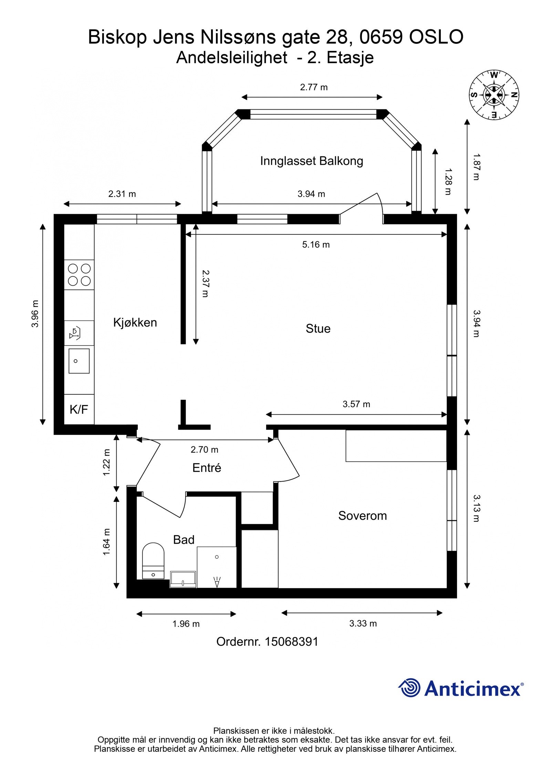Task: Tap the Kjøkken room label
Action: click(135, 322)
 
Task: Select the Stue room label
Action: click(318, 328)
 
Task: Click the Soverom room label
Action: click(362, 516)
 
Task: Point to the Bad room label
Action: click(184, 539)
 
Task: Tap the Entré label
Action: click(207, 468)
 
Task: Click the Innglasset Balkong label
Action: click(311, 161)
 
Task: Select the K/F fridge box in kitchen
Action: click(79, 409)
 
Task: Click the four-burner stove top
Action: click(79, 274)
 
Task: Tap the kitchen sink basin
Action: click(79, 361)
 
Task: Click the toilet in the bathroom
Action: click(153, 561)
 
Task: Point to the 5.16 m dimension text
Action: click(316, 245)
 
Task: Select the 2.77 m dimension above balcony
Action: click(313, 87)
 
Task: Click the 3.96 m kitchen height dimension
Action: click(35, 314)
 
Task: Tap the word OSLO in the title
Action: click(436, 37)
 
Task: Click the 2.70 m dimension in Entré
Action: click(204, 449)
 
